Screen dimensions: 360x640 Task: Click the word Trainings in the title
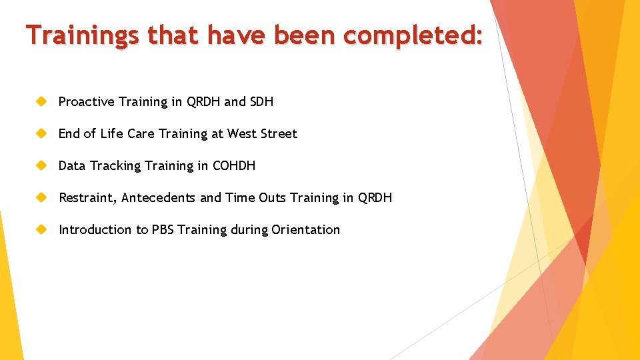pyautogui.click(x=83, y=35)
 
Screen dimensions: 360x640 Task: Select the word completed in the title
pyautogui.click(x=411, y=35)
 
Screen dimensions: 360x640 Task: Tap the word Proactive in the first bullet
pyautogui.click(x=86, y=102)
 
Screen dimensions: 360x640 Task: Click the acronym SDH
pyautogui.click(x=261, y=102)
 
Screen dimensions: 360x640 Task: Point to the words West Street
pyautogui.click(x=262, y=134)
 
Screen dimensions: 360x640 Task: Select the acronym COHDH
pyautogui.click(x=233, y=166)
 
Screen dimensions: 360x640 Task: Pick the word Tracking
pyautogui.click(x=114, y=166)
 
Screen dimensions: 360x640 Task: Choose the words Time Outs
pyautogui.click(x=256, y=198)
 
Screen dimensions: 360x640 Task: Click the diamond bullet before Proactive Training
pyautogui.click(x=41, y=101)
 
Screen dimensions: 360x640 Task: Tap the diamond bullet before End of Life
pyautogui.click(x=41, y=133)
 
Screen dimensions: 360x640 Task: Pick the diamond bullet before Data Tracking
pyautogui.click(x=41, y=165)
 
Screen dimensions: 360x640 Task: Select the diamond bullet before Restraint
pyautogui.click(x=41, y=197)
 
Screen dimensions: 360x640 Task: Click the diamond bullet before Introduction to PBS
pyautogui.click(x=41, y=229)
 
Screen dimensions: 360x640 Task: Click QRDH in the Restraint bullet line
pyautogui.click(x=375, y=198)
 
